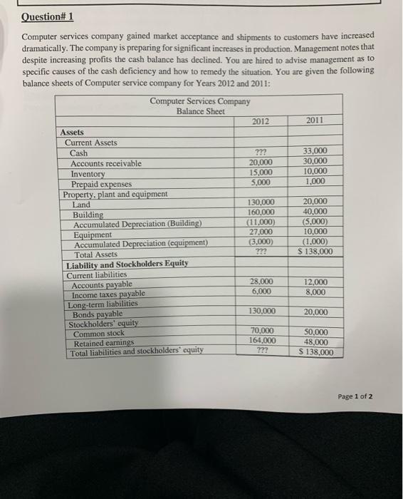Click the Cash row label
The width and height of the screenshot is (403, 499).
coord(79,153)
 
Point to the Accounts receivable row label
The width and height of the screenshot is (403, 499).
coord(106,164)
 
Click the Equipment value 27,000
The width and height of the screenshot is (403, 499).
coord(261,232)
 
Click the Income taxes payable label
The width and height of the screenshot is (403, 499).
coord(109,294)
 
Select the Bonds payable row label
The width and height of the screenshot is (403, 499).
coord(98,314)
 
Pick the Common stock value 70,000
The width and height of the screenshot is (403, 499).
coord(263,331)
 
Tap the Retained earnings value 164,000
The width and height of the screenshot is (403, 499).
coord(262,341)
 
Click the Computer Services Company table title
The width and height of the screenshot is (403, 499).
coord(199,101)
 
